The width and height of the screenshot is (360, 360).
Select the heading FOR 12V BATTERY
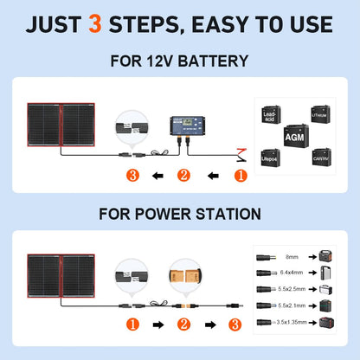tap(180, 61)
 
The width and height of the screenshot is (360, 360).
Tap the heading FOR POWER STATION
tap(180, 212)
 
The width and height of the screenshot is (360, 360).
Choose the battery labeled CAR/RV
tap(320, 157)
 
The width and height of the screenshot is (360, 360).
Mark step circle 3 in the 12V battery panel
tap(132, 176)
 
